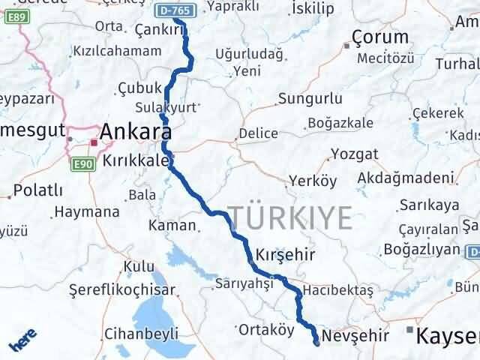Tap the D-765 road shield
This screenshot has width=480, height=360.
(x=178, y=10)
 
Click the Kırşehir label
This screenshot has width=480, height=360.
(x=284, y=253)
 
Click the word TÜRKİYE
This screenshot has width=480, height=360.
(x=290, y=217)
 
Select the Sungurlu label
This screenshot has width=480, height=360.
(x=310, y=98)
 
